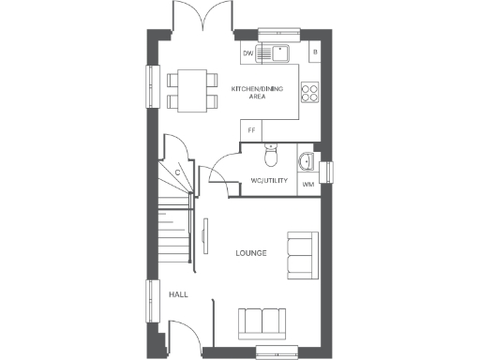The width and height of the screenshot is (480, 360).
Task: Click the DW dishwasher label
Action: pyautogui.click(x=248, y=53)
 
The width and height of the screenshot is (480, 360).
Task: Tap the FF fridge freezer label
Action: pyautogui.click(x=251, y=130)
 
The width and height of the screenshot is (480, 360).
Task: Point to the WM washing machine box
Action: pyautogui.click(x=307, y=185)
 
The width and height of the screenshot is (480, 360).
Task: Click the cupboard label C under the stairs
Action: pyautogui.click(x=177, y=172)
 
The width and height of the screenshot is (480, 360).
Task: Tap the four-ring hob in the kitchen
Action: pyautogui.click(x=309, y=92)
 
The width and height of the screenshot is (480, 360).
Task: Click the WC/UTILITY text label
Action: pyautogui.click(x=269, y=181)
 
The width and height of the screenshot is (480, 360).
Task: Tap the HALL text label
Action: pyautogui.click(x=178, y=294)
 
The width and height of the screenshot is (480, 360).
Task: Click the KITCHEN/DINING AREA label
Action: pyautogui.click(x=254, y=92)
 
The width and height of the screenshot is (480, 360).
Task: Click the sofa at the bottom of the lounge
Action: pyautogui.click(x=263, y=322)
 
